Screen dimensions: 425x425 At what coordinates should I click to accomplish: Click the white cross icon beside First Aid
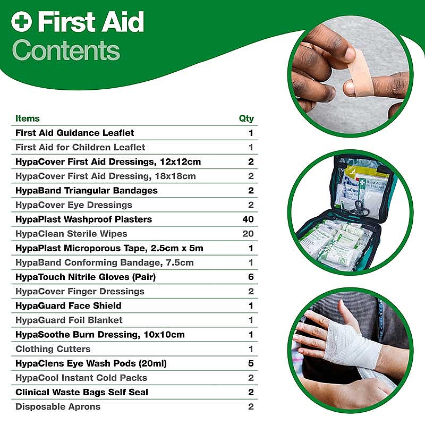tap(22, 22)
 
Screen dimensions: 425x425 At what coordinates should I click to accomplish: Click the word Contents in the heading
tap(66, 50)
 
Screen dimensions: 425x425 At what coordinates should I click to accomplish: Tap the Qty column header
tap(246, 118)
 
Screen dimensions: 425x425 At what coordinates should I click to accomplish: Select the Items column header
tap(28, 118)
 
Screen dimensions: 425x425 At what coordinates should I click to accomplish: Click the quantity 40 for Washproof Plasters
tap(248, 219)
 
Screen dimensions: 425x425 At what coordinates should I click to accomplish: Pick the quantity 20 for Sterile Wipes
tap(248, 234)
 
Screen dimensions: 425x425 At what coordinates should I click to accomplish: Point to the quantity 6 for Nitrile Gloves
tap(251, 277)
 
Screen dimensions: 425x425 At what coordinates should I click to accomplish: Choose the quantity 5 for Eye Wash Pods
tap(251, 363)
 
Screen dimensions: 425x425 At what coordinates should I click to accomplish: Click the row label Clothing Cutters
tap(53, 349)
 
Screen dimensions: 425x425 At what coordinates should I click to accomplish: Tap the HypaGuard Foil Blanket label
tap(69, 320)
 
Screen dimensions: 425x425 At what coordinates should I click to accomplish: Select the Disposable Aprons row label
tap(58, 406)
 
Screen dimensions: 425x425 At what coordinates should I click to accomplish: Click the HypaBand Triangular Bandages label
tap(87, 191)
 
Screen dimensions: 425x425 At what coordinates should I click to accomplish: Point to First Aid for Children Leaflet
tap(80, 147)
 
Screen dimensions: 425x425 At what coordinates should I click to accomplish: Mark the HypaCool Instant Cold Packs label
tap(81, 378)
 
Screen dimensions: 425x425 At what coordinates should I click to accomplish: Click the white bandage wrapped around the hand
tap(351, 343)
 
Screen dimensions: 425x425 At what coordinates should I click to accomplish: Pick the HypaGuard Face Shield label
tap(69, 306)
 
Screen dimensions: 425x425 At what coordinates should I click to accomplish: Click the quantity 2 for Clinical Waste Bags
tap(251, 392)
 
